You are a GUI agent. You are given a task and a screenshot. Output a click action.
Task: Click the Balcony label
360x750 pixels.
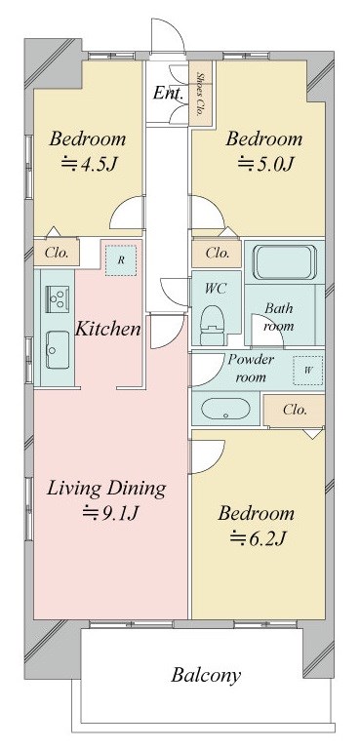[x=206, y=674]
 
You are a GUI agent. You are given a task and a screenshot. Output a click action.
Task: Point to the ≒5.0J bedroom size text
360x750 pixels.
[x=264, y=164]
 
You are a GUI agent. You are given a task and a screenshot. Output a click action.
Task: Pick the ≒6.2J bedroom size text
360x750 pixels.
[x=256, y=536]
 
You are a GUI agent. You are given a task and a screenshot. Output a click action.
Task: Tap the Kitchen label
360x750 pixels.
[x=107, y=329]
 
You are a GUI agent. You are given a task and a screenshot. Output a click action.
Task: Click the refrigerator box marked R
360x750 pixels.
[x=120, y=260]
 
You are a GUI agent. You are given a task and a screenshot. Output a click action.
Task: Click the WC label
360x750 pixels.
[x=216, y=290]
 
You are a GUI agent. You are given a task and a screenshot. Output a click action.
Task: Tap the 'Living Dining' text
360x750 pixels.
[x=105, y=488]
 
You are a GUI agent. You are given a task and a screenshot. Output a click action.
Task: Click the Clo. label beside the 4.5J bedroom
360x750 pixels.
[x=57, y=253]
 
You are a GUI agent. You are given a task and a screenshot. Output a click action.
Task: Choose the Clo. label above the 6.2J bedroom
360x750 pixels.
[x=295, y=411]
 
